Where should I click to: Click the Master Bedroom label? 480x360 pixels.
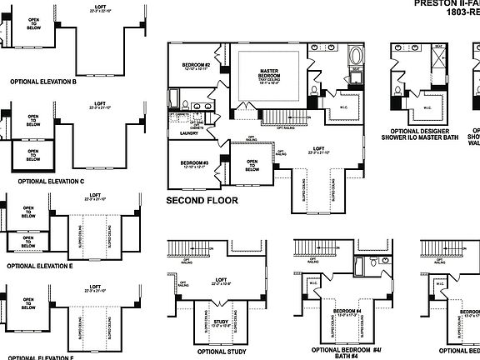click(x=268, y=74)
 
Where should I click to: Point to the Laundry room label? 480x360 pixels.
click(x=188, y=132)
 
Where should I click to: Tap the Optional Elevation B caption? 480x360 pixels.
click(x=42, y=82)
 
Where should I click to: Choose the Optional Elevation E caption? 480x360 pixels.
click(x=39, y=265)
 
